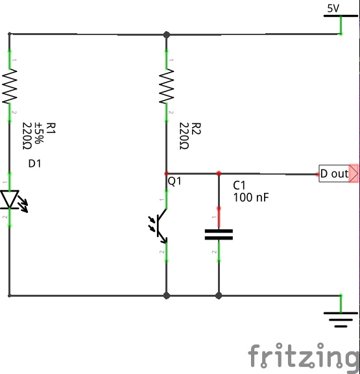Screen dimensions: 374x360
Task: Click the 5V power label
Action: tap(333, 8)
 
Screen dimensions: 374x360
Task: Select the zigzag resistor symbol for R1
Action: tap(10, 87)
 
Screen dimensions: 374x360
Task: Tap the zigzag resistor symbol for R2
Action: tap(167, 87)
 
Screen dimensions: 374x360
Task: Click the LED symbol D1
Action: tap(10, 199)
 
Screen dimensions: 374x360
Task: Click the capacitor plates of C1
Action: tap(219, 234)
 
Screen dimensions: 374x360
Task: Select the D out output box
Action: tap(334, 174)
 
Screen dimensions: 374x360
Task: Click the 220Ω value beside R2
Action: tap(184, 136)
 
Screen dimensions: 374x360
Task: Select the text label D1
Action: tap(35, 164)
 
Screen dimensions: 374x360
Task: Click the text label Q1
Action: tap(175, 182)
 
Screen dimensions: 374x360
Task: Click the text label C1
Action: tap(240, 185)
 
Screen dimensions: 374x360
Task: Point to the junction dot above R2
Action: tap(167, 34)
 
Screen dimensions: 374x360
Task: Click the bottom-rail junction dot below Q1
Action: tap(167, 295)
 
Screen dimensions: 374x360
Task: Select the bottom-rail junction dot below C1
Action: tap(219, 295)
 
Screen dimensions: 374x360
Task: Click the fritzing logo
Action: tap(303, 356)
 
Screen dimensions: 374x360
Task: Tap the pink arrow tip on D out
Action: tap(354, 174)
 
